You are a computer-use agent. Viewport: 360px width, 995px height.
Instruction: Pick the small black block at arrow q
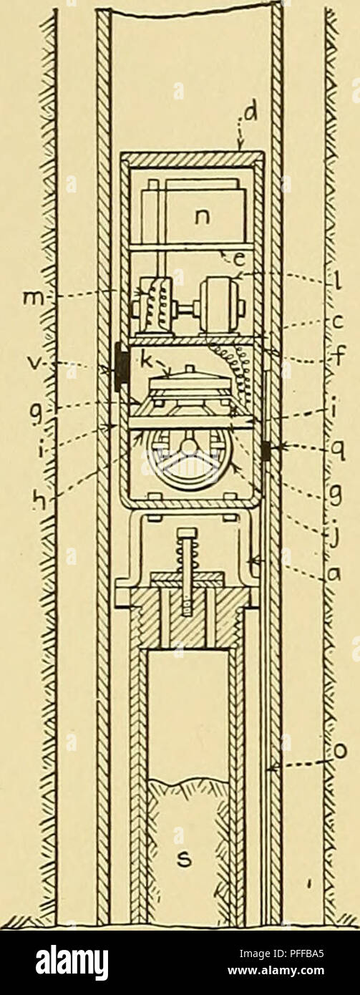(x=267, y=452)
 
